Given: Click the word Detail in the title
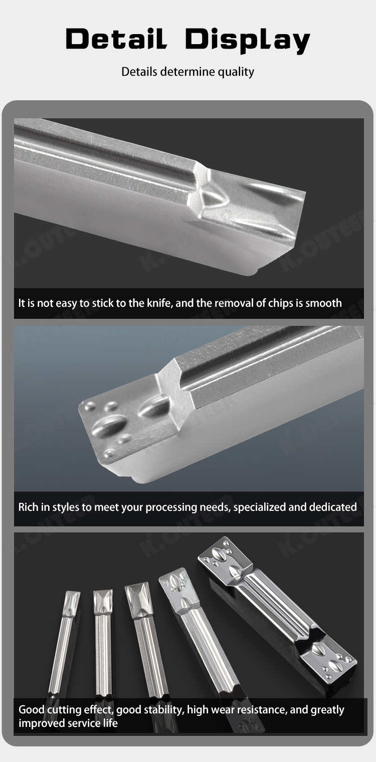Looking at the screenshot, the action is [x=116, y=39].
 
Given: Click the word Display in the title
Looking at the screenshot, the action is [x=247, y=40].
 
